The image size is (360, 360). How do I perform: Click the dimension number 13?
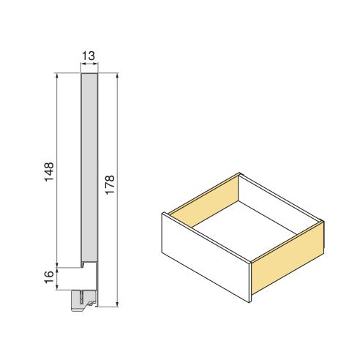pyautogui.click(x=89, y=56)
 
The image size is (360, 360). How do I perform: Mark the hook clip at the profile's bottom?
pyautogui.click(x=83, y=299)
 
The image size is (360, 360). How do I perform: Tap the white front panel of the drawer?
pyautogui.click(x=205, y=256)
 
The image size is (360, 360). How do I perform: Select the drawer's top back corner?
pyautogui.click(x=239, y=174)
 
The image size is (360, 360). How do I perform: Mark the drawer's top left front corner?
pyautogui.click(x=164, y=212)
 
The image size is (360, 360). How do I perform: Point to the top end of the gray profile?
pyautogui.click(x=89, y=74)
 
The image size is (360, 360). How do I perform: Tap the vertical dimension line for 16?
pyautogui.click(x=58, y=277)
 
